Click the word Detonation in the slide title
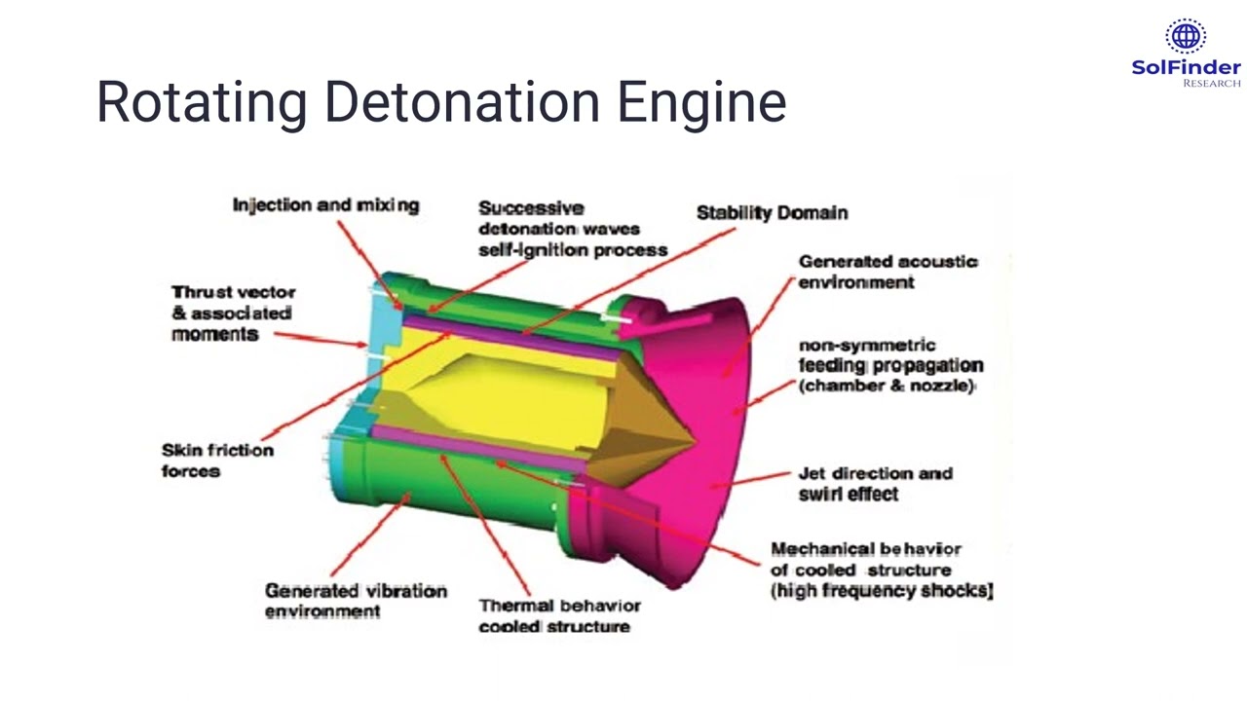coord(462,102)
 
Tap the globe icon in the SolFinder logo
coord(1186,37)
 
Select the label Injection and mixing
coord(325,204)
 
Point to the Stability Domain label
coord(773,212)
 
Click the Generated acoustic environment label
coord(888,272)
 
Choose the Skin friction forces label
coord(217,461)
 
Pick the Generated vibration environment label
coord(356,601)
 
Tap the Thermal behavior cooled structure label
coord(559,616)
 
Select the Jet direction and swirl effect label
coord(876,484)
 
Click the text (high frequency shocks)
coord(882,590)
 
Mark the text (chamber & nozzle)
coord(887,385)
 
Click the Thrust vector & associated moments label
coord(234,313)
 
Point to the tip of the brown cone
coord(697,439)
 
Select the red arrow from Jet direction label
coord(751,480)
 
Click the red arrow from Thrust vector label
coord(321,340)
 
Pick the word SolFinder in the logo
coord(1187,68)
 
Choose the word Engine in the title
coord(702,102)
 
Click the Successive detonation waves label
coord(573,229)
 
